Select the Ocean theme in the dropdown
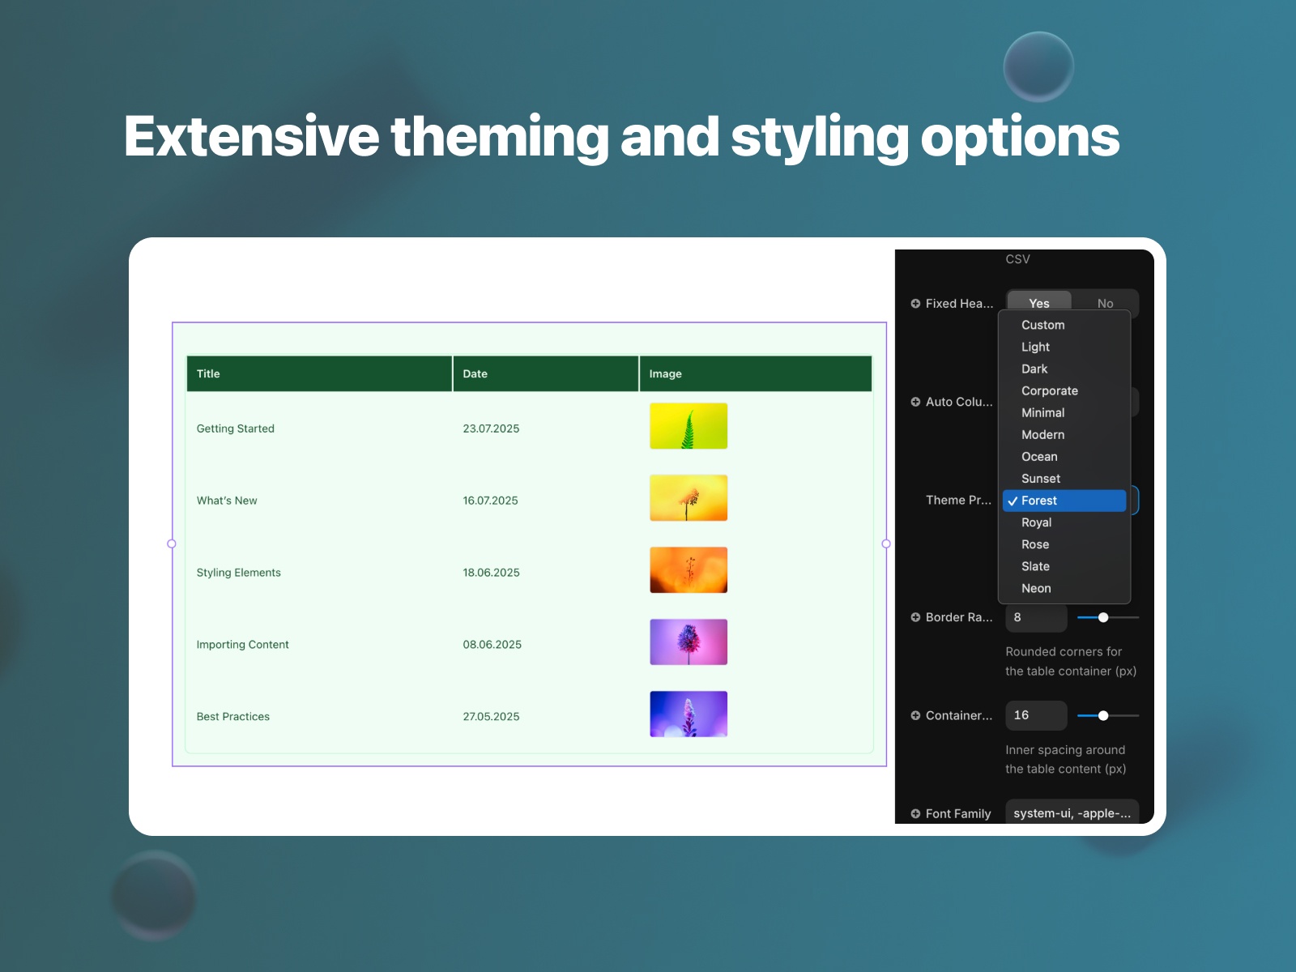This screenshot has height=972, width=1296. point(1039,457)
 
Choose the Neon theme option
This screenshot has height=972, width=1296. point(1036,589)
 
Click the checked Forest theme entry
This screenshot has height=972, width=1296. point(1039,501)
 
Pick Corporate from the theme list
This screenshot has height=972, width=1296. point(1049,391)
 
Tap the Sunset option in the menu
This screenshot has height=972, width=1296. point(1040,479)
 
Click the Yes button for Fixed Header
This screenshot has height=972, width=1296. point(1038,303)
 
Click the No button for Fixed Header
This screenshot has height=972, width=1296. point(1105,303)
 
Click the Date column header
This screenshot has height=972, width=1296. point(475,374)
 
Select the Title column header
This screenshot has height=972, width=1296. point(208,374)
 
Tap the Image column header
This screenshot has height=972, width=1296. point(665,374)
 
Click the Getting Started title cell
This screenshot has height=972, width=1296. point(236,428)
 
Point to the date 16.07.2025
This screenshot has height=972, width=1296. point(490,501)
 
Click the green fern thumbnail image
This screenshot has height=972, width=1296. point(688,426)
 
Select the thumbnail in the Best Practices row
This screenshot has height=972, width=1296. point(688,714)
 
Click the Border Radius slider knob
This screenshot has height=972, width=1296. point(1103,617)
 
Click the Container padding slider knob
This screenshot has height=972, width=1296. point(1103,715)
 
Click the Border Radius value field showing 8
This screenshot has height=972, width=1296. point(1035,617)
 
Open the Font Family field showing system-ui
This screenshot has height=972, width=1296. point(1071,812)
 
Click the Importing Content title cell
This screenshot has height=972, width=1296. point(243,645)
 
